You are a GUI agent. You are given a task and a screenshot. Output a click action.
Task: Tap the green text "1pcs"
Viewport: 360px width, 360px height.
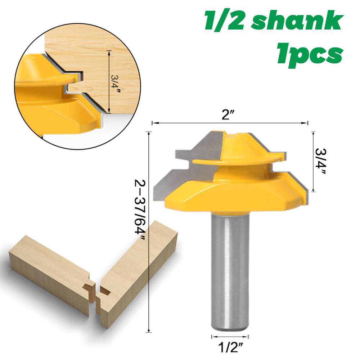(309, 54)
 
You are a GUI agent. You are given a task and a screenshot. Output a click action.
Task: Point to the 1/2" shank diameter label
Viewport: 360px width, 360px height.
(230, 348)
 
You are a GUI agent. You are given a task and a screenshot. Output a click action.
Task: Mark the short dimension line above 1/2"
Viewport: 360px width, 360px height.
(229, 337)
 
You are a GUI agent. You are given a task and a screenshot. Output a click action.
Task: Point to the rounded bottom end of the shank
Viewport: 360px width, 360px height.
(229, 325)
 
